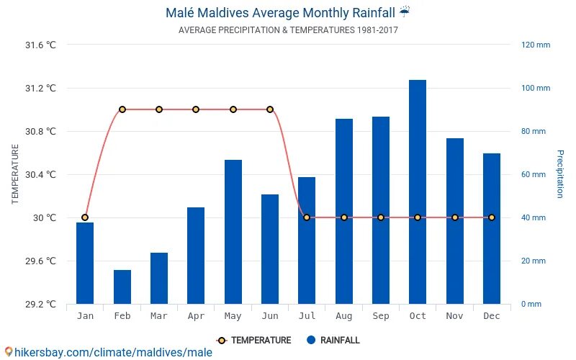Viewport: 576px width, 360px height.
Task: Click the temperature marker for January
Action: click(x=85, y=217)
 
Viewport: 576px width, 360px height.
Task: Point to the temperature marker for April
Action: click(x=196, y=109)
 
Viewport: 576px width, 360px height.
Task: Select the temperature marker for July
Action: click(x=307, y=217)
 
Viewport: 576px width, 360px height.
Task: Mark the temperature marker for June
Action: click(x=270, y=109)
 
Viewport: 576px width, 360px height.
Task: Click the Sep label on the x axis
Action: click(x=381, y=315)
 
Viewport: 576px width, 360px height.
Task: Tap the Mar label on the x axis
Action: click(x=159, y=315)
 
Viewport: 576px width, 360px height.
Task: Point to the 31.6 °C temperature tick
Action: click(x=40, y=45)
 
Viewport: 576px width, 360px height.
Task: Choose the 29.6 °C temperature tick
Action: click(x=40, y=261)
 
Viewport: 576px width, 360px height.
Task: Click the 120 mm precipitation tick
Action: click(x=536, y=45)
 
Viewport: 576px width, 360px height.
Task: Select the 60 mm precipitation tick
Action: click(x=534, y=174)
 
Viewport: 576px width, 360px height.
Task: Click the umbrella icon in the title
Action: click(x=405, y=12)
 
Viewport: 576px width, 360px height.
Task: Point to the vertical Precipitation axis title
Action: click(x=560, y=174)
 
